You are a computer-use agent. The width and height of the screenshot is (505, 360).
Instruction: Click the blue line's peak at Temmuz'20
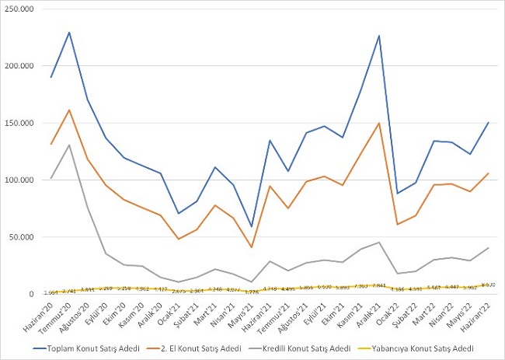coord(70,33)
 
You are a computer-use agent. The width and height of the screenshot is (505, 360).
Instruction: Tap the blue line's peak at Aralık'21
coord(378,36)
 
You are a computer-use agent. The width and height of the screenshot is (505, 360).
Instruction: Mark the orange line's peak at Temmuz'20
coord(70,110)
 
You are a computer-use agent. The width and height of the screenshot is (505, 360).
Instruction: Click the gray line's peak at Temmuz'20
coord(70,145)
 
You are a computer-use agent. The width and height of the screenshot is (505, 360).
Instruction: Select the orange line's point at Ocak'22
coord(397,224)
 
